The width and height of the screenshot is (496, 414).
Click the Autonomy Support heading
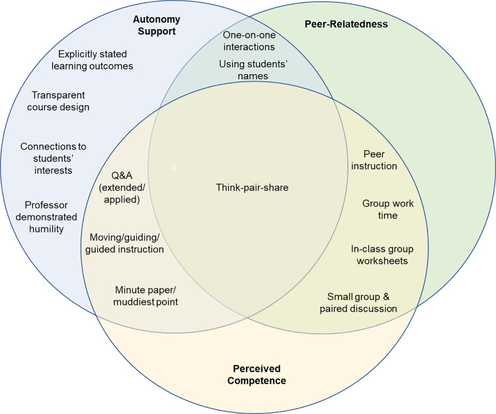click(x=157, y=25)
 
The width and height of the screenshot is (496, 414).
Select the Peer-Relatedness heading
click(x=346, y=24)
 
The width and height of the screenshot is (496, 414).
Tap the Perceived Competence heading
click(x=257, y=374)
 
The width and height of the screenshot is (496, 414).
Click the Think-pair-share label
click(x=252, y=187)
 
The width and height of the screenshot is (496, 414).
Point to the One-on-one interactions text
click(x=249, y=41)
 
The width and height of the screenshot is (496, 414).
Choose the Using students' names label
click(x=253, y=69)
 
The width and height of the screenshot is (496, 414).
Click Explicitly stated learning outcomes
click(x=93, y=60)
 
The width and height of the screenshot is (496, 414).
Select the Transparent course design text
click(x=58, y=101)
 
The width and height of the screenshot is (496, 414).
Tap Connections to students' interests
click(x=53, y=158)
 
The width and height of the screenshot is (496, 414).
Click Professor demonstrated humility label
click(x=46, y=217)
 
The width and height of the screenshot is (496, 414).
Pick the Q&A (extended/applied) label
click(x=122, y=187)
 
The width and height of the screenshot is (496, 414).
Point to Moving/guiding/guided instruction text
click(x=124, y=243)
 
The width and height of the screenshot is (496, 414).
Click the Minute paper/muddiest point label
click(x=145, y=296)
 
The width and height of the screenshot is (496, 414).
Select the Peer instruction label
click(x=374, y=160)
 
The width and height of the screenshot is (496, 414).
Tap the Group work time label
click(x=388, y=209)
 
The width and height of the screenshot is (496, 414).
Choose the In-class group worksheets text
click(x=382, y=255)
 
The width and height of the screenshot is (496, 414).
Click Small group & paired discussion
click(x=358, y=302)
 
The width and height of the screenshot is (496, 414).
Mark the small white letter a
click(x=174, y=167)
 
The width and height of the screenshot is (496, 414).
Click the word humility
click(x=46, y=229)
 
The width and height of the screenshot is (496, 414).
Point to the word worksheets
click(x=382, y=261)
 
